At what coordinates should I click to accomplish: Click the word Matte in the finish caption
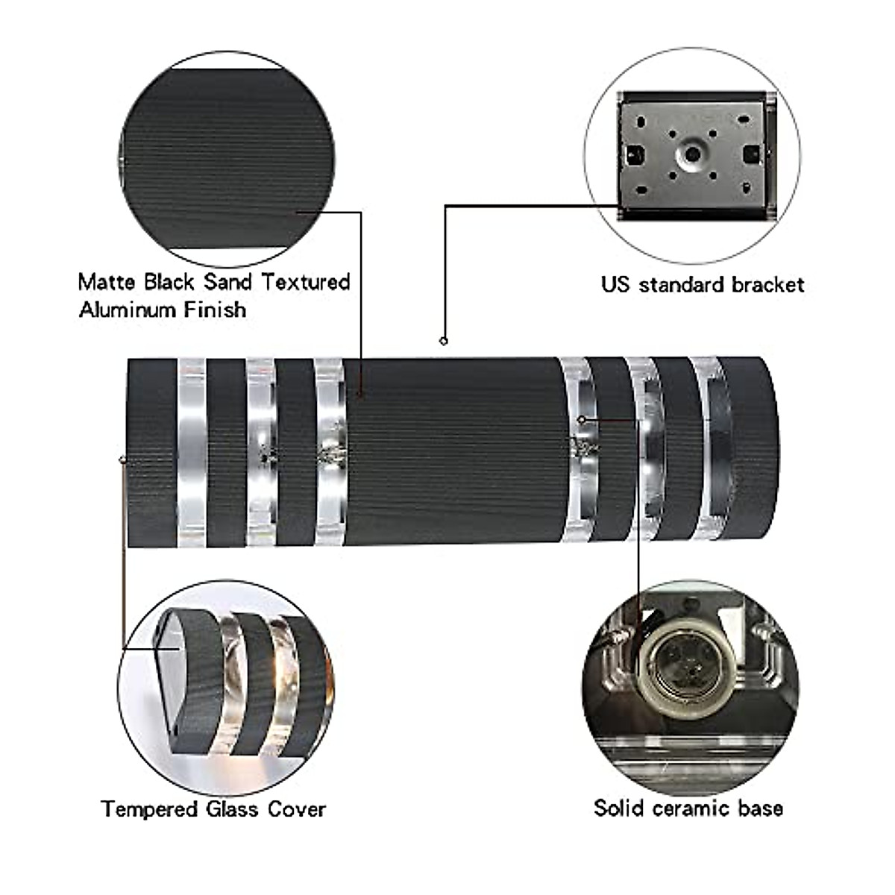(107, 282)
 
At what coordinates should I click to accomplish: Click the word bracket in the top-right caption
(767, 285)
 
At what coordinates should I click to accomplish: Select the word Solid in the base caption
(618, 808)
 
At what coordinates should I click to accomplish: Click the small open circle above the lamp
(444, 341)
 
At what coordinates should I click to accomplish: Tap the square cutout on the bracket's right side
(750, 153)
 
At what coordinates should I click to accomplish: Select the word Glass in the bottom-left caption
(233, 809)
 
